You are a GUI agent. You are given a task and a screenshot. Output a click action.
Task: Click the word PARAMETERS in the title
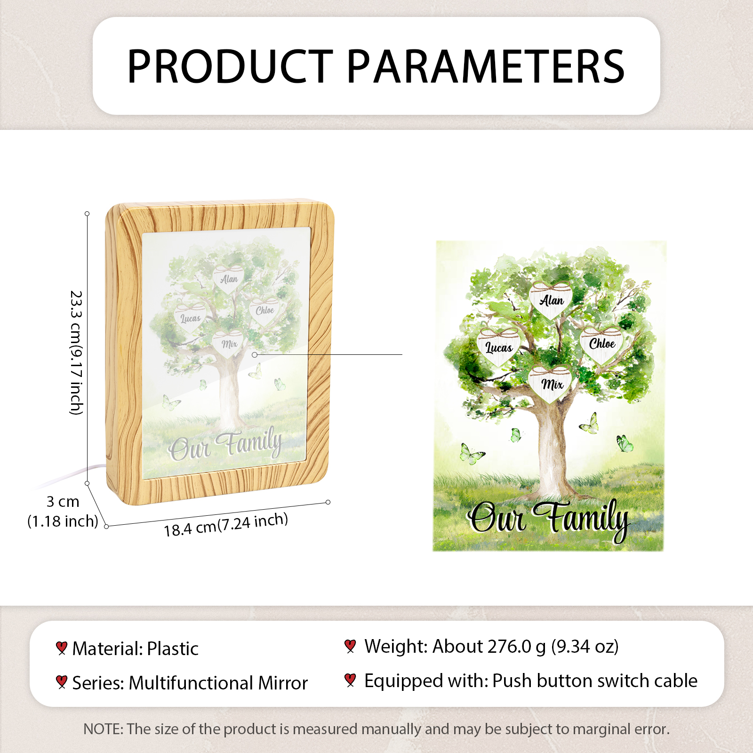486,66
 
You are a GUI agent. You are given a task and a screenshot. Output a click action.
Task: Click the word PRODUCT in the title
230,66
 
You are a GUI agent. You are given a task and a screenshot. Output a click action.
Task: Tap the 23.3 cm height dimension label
76,352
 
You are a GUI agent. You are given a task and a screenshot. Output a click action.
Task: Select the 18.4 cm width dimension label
226,524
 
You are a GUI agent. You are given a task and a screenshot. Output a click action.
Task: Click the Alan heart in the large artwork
551,300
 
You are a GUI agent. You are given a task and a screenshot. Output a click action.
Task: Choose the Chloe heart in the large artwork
601,344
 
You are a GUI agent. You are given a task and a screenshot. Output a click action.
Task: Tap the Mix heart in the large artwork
551,384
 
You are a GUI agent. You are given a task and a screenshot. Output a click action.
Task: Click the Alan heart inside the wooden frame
229,279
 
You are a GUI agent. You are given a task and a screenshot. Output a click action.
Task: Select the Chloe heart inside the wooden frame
264,310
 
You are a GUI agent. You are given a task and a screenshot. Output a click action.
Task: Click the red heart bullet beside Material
61,648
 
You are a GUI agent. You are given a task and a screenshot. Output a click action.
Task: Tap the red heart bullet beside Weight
350,646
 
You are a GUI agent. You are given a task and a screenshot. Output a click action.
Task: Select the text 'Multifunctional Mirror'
218,683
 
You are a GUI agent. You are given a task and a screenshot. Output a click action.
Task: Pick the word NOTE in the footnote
102,729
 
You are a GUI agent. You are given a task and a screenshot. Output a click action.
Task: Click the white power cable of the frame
71,476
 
